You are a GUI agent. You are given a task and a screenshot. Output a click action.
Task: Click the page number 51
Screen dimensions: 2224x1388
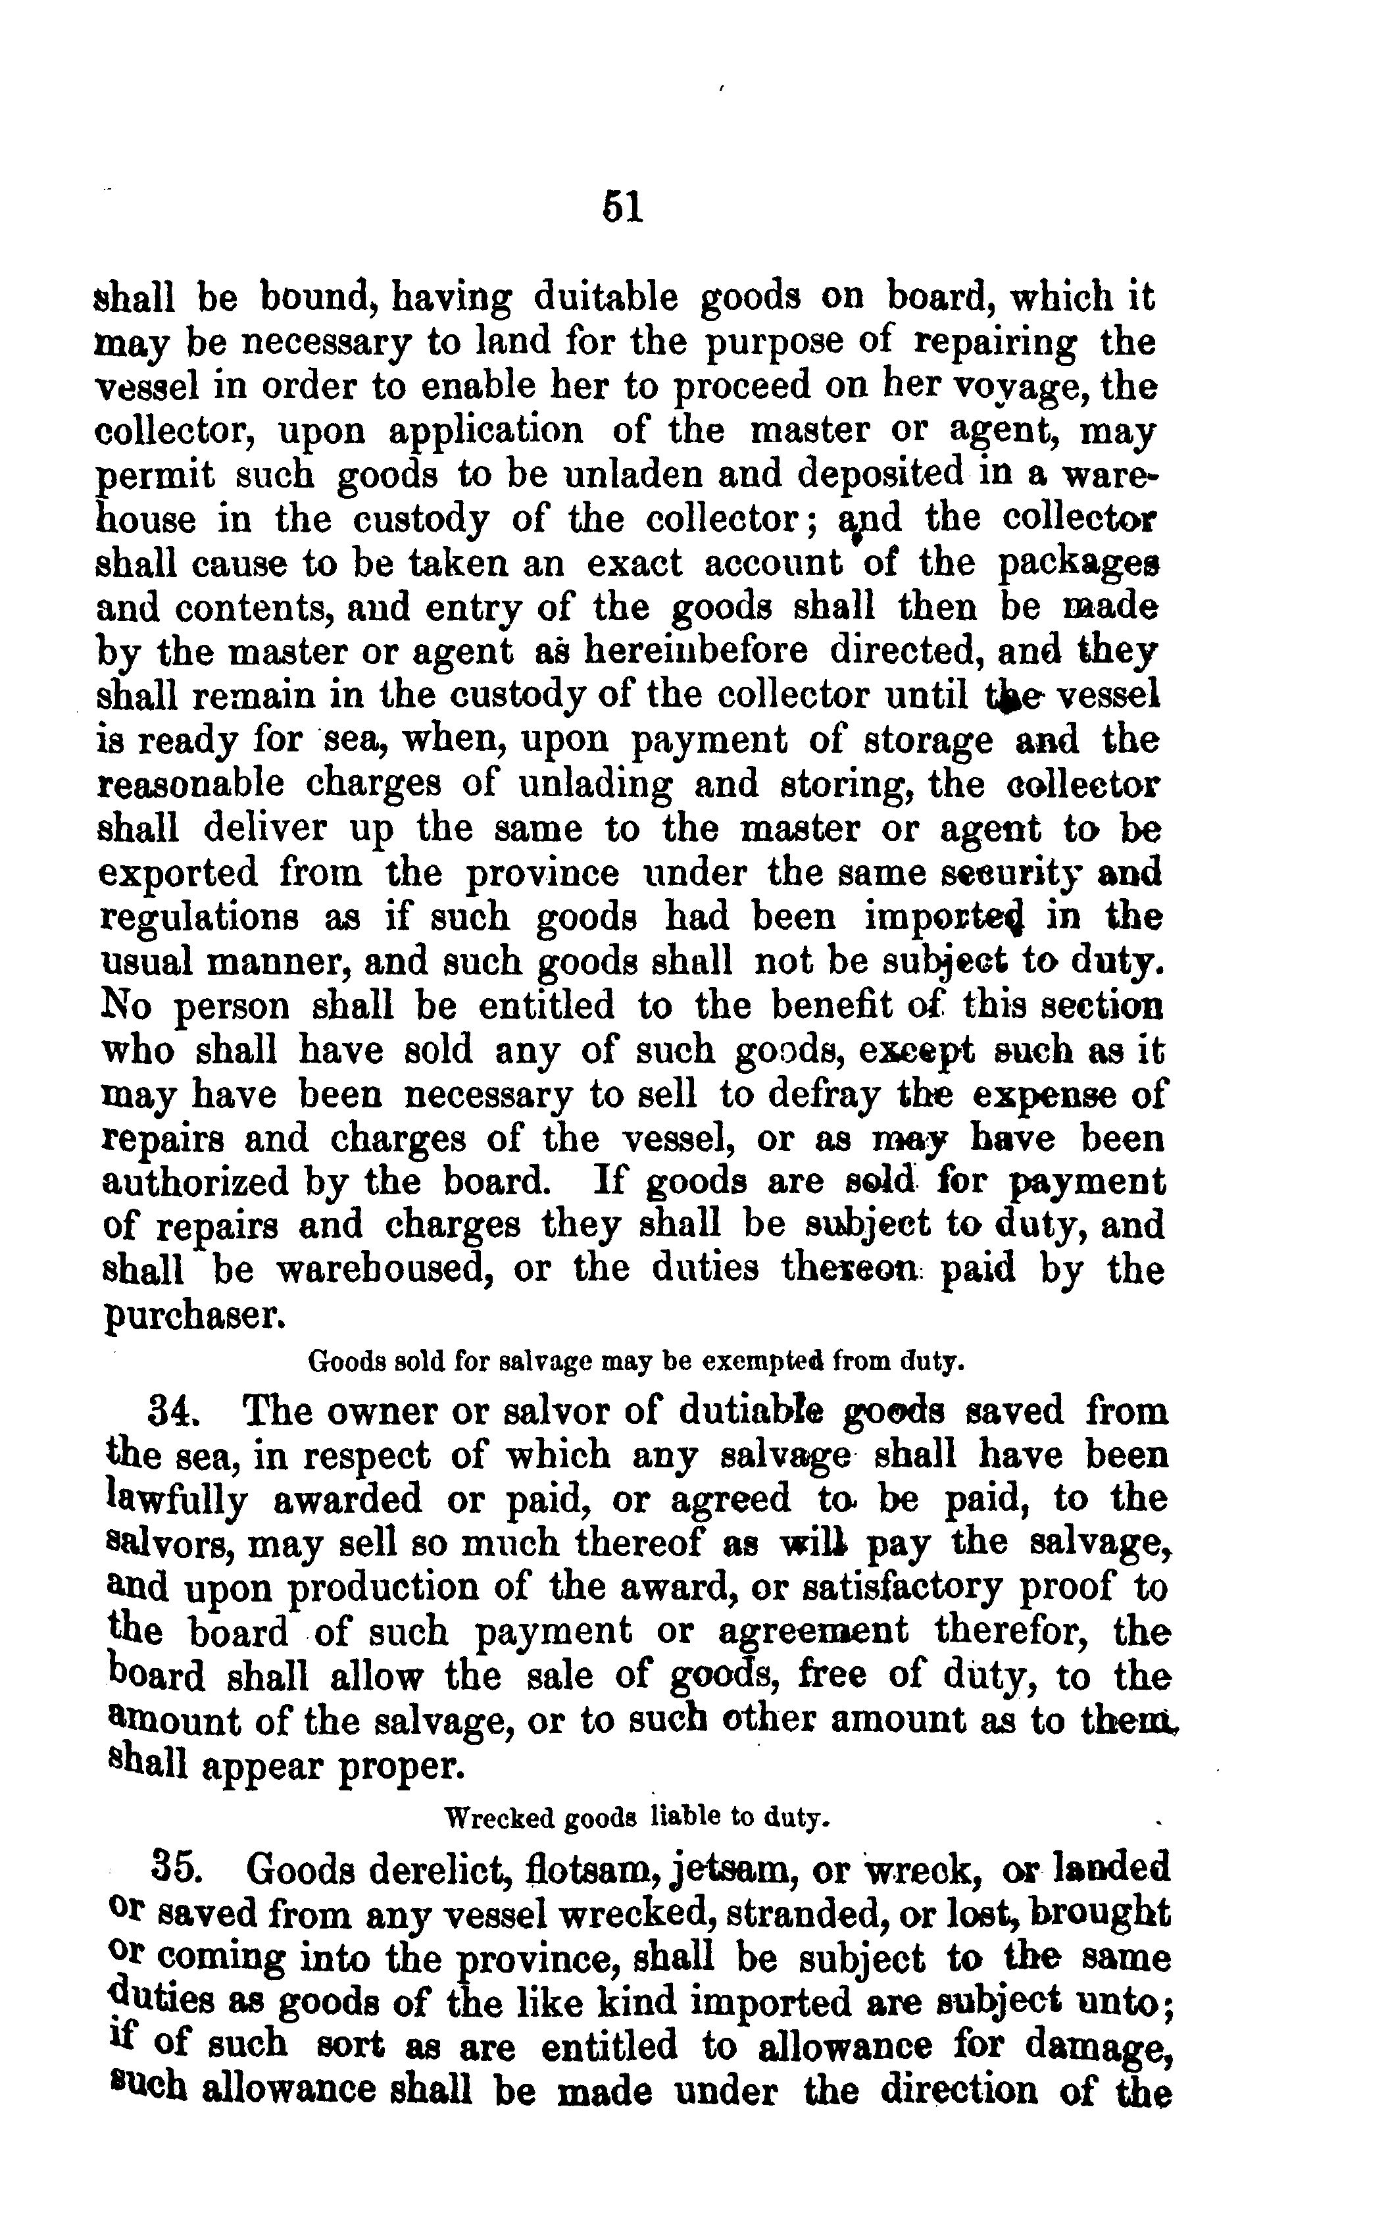click(x=622, y=207)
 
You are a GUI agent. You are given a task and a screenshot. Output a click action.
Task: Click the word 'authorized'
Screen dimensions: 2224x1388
click(x=195, y=1182)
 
